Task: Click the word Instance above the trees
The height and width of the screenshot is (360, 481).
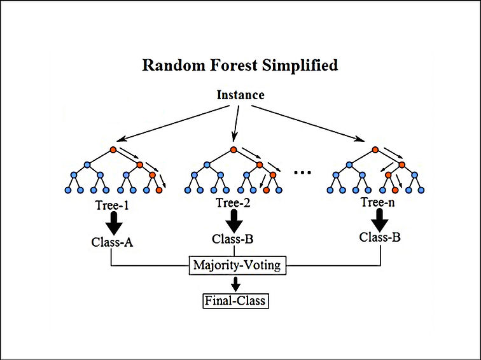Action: (240, 95)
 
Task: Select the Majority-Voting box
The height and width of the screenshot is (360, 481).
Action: (237, 265)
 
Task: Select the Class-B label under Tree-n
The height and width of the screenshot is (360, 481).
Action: (380, 237)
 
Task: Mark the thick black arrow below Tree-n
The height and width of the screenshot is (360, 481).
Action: (380, 219)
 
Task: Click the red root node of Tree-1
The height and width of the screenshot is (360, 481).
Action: (113, 150)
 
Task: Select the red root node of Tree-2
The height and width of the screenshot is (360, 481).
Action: (234, 150)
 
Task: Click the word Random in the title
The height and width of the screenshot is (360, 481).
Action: (168, 65)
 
